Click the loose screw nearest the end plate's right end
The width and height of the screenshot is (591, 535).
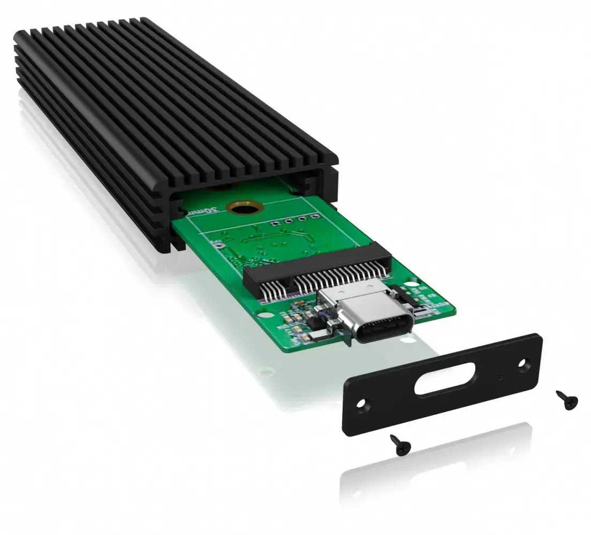click(x=566, y=400)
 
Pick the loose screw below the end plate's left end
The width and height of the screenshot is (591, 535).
click(x=399, y=444)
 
